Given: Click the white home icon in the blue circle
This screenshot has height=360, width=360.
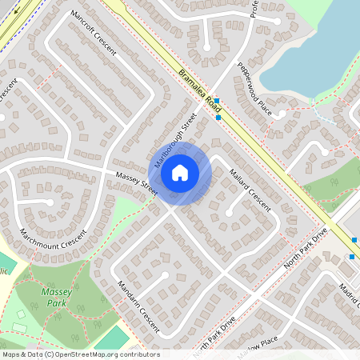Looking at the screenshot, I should (180, 171).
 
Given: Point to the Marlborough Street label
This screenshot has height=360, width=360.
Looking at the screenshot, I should (174, 138).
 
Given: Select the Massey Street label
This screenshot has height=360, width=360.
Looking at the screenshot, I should (136, 184).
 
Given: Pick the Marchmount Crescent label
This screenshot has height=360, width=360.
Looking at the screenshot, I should (53, 227).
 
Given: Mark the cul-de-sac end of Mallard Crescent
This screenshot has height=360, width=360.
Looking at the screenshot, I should (230, 214).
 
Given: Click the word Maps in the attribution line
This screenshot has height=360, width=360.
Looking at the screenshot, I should (11, 354).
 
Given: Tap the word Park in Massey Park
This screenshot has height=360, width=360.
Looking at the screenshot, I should (56, 303).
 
